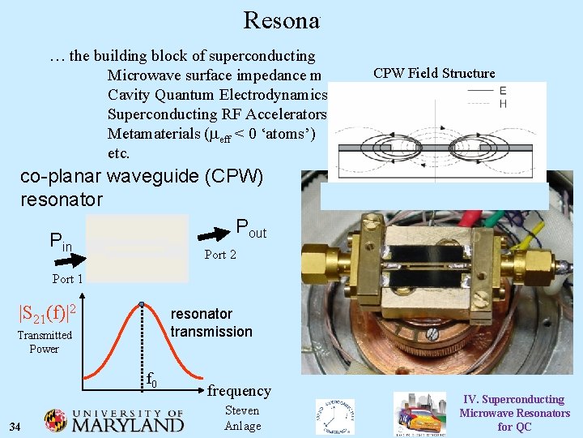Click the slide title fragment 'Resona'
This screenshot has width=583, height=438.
point(281,21)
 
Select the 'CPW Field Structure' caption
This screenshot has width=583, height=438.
point(434,73)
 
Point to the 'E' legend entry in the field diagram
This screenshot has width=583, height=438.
point(503,91)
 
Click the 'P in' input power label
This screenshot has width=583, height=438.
point(61,240)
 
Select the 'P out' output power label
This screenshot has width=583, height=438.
point(250,230)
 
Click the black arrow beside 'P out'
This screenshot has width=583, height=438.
point(215,234)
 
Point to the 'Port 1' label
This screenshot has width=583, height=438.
point(68,279)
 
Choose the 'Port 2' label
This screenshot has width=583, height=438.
point(220,255)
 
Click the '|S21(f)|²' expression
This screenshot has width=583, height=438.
point(48,311)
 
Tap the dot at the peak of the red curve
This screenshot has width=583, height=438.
point(142,305)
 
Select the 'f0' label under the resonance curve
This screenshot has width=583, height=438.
point(151,379)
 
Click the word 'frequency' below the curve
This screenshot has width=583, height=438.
point(239,391)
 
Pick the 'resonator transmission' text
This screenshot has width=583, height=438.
point(211,323)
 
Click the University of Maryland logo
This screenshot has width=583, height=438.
point(114,419)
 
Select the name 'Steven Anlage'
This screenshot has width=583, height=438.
point(242,418)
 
